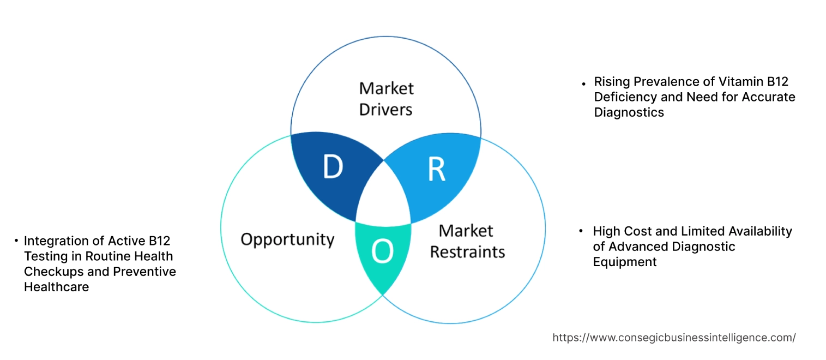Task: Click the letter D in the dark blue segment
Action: pyautogui.click(x=332, y=167)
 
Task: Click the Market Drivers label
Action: pyautogui.click(x=386, y=99)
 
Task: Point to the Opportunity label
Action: pyautogui.click(x=287, y=239)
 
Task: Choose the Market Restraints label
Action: pyautogui.click(x=467, y=241)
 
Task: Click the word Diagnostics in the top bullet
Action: pyautogui.click(x=629, y=112)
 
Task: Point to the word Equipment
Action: pyautogui.click(x=625, y=262)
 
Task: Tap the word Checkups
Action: pyautogui.click(x=52, y=271)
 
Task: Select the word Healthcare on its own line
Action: pyautogui.click(x=56, y=286)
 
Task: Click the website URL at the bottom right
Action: pyautogui.click(x=674, y=338)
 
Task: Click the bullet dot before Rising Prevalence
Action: pyautogui.click(x=584, y=83)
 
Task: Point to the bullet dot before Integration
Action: pyautogui.click(x=17, y=241)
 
